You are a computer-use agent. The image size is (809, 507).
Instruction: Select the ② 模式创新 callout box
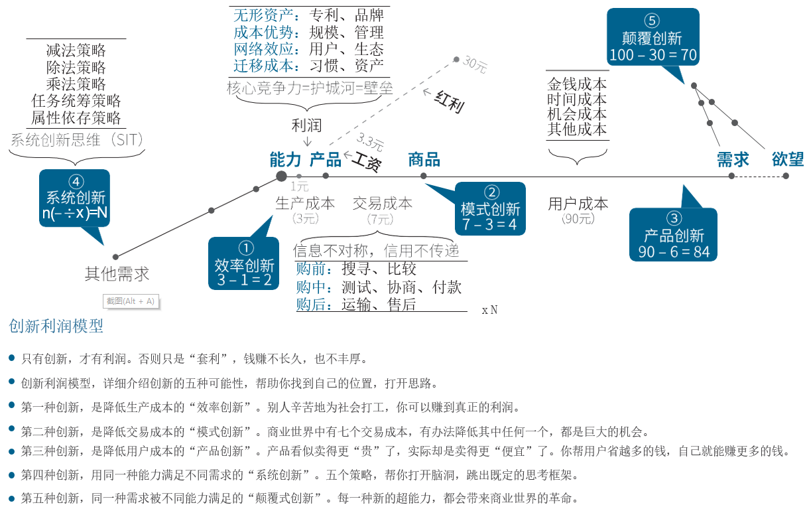pos(491,208)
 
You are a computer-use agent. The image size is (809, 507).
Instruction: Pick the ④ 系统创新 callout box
pos(75,198)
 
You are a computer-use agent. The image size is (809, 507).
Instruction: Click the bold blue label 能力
pos(285,159)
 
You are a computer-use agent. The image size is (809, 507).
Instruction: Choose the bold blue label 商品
pos(424,159)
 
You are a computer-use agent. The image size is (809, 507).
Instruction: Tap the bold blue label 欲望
pos(788,159)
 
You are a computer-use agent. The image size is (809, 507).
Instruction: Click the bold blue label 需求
pos(733,159)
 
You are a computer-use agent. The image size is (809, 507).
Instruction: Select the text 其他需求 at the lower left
pos(117,273)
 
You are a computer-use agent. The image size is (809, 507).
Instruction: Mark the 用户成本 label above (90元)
pos(578,204)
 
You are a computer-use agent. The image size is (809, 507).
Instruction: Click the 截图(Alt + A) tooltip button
pos(131,301)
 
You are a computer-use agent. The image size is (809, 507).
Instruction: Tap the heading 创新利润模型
pos(56,326)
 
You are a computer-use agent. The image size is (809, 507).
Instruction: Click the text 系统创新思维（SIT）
pos(78,139)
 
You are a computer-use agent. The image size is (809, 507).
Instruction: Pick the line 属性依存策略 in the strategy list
pos(76,118)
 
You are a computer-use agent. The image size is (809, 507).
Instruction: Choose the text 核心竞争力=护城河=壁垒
pos(309,88)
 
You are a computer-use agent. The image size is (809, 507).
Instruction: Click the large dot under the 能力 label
pos(281,176)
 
